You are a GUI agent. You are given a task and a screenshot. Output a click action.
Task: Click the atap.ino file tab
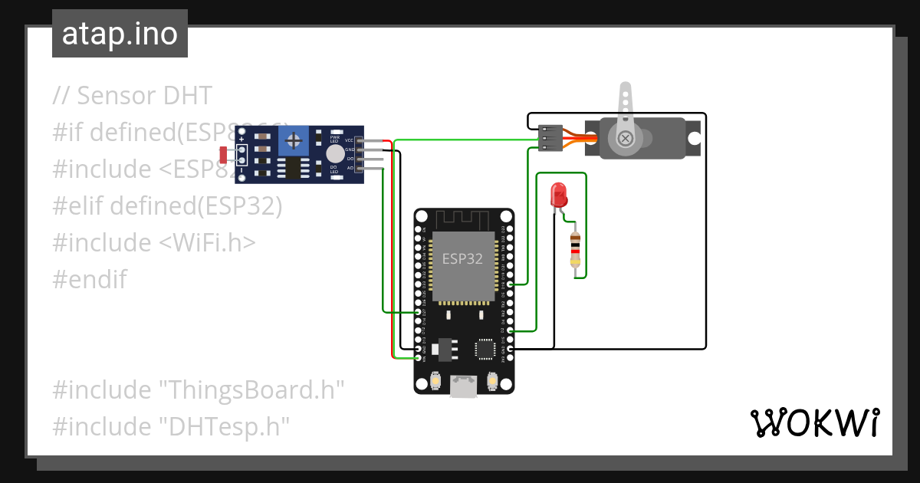pyautogui.click(x=120, y=34)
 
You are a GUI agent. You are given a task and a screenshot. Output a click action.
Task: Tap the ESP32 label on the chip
pyautogui.click(x=462, y=258)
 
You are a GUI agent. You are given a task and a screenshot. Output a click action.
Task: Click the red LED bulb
pyautogui.click(x=559, y=194)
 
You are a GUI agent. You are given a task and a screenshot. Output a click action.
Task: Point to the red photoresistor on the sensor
pyautogui.click(x=223, y=155)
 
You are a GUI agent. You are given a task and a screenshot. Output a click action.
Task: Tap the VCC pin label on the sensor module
pyautogui.click(x=349, y=140)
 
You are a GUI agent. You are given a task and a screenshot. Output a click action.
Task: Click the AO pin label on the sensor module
pyautogui.click(x=350, y=168)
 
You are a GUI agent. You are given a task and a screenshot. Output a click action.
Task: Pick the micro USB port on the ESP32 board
pyautogui.click(x=462, y=386)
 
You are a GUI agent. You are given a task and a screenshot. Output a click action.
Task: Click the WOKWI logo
pyautogui.click(x=814, y=422)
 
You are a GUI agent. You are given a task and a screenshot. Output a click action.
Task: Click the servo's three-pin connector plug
pyautogui.click(x=550, y=138)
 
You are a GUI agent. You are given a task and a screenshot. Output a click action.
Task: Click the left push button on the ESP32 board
pyautogui.click(x=435, y=380)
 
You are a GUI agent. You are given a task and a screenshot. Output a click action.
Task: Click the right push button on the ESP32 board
pyautogui.click(x=492, y=380)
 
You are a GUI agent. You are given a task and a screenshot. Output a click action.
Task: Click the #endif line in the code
pyautogui.click(x=90, y=279)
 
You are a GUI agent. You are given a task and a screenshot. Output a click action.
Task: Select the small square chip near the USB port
pyautogui.click(x=485, y=349)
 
